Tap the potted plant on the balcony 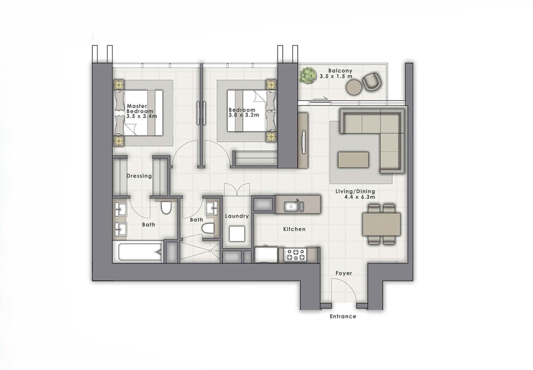[308, 75]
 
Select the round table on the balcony [353, 87]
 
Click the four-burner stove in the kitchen [295, 255]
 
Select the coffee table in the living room [353, 159]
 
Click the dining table [381, 224]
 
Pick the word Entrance [343, 316]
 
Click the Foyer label [344, 273]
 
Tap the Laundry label [237, 216]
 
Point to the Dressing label [139, 176]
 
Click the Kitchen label [294, 229]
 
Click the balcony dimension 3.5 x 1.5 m [336, 76]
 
